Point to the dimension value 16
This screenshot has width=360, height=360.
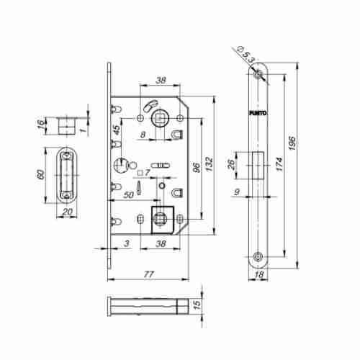pos(42,123)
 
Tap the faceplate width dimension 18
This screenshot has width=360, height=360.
pos(259,274)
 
